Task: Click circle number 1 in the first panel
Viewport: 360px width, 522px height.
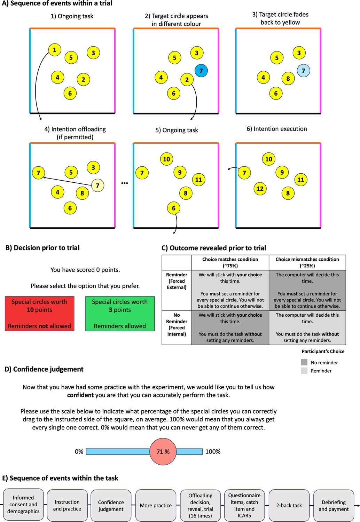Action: (x=55, y=50)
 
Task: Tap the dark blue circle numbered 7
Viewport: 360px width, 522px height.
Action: (x=201, y=70)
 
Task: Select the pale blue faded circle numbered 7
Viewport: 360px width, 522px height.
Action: (x=303, y=70)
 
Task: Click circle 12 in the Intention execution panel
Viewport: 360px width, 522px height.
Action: (x=260, y=189)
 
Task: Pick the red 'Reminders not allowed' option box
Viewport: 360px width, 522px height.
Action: (x=39, y=314)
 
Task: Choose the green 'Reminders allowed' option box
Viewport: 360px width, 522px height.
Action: (x=120, y=314)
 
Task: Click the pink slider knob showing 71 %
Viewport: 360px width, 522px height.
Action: (x=163, y=452)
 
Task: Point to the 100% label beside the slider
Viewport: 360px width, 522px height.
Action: (x=213, y=451)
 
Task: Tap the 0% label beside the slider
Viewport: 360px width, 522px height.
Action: (x=79, y=451)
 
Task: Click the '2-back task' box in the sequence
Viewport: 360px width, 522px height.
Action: (x=289, y=505)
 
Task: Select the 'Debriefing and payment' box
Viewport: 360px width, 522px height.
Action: (x=334, y=505)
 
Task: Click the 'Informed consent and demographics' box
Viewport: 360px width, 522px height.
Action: (x=23, y=505)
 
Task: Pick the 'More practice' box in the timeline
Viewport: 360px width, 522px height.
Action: (x=156, y=505)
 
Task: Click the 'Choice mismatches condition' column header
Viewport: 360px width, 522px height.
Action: (x=307, y=262)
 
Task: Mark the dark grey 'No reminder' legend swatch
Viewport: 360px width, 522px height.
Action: (x=304, y=362)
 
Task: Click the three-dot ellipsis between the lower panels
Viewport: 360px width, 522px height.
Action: (x=125, y=183)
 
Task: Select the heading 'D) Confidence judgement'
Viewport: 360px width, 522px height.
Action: (x=44, y=369)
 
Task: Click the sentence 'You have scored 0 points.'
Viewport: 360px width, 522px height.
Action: (x=85, y=270)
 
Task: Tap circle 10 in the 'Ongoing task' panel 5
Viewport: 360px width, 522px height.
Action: (x=166, y=159)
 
